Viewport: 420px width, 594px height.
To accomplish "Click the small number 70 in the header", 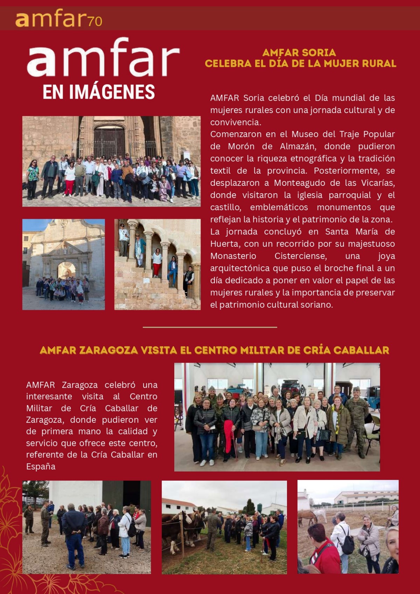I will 95,22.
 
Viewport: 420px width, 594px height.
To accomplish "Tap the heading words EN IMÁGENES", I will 99,92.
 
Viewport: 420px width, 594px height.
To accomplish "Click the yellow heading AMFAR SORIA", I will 299,53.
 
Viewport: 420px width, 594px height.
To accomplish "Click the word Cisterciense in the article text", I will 301,256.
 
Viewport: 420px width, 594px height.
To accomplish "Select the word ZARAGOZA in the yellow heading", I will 108,350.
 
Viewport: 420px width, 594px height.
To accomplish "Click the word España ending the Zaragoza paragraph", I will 41,467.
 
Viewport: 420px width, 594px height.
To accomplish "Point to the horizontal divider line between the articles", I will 210,327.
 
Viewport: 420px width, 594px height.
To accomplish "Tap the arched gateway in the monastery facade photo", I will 66,270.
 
